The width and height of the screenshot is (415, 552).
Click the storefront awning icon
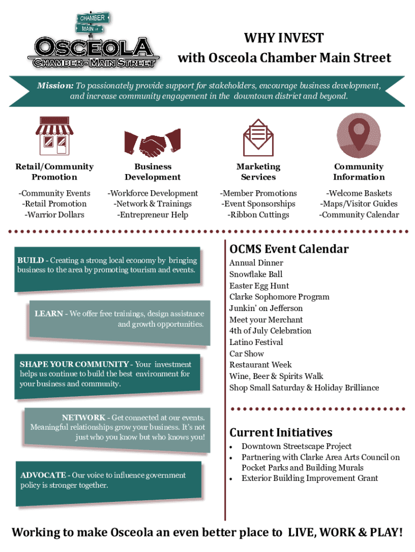coord(54,135)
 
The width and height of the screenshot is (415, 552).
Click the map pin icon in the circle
coord(358,135)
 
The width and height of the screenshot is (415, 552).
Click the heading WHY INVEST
coord(284,38)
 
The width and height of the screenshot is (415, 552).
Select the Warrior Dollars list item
coord(54,215)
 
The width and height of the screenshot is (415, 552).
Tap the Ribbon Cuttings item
coord(258,215)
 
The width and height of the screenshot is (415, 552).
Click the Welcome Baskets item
coord(359,193)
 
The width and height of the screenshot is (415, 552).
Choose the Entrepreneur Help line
coord(153,215)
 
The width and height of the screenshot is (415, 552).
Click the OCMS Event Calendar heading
coord(289,249)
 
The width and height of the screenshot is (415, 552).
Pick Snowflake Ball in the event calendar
coord(255,274)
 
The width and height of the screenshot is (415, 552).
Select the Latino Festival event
coord(256,342)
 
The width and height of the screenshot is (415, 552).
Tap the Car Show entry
coord(246,354)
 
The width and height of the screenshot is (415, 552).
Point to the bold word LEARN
coord(49,314)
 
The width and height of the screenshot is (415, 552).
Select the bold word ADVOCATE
coord(43,475)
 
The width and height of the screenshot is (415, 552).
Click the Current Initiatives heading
coord(281,432)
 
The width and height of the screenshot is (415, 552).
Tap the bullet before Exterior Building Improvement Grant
coord(231,479)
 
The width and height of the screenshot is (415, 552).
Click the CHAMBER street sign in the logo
coord(92,18)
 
